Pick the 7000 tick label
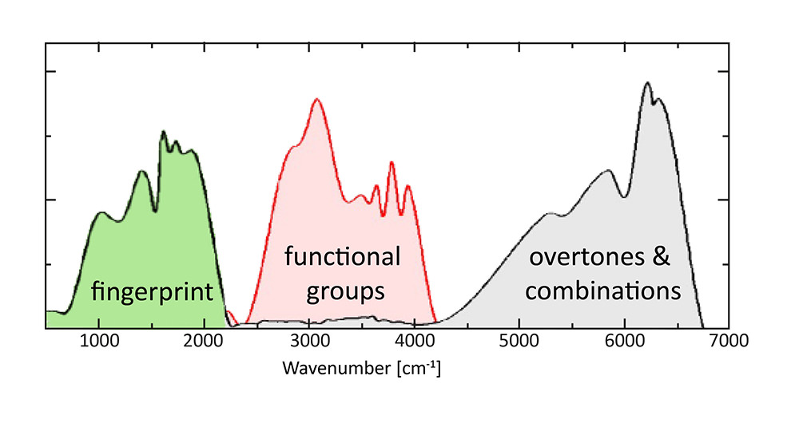point(729,342)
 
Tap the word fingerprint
point(152,292)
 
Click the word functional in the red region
point(343,257)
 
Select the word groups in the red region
point(344,291)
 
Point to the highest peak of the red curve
point(317,99)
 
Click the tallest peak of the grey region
point(647,82)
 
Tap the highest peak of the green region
point(163,132)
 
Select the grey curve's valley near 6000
point(623,196)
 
